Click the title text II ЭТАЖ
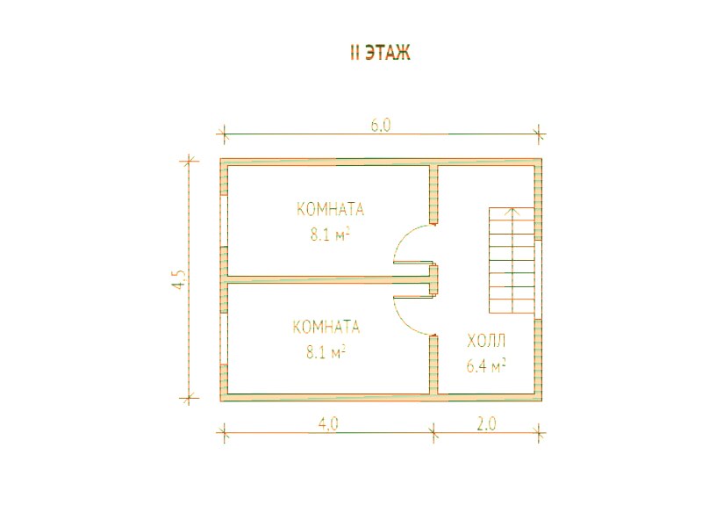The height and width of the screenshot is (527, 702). pos(380,53)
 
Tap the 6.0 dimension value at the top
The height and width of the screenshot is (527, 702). pos(381,126)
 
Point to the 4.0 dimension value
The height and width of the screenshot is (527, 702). pos(328,423)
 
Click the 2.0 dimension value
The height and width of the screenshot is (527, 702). pos(486,423)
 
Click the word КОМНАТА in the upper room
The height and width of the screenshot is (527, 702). pos(331,209)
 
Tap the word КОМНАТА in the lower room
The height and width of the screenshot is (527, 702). pos(326,327)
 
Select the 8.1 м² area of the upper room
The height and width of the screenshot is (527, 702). pos(331,235)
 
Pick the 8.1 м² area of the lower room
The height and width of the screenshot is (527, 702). pos(326,352)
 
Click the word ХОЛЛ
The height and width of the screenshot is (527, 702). pos(486,341)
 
